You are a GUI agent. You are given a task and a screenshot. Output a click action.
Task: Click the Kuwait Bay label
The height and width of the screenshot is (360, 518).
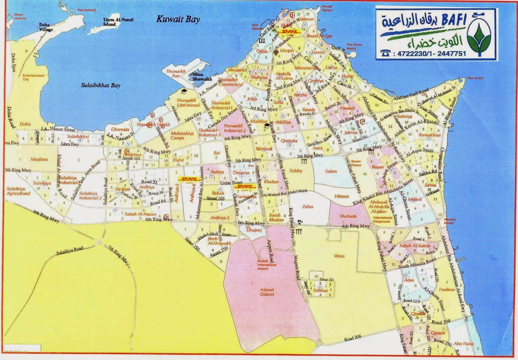click(178, 19)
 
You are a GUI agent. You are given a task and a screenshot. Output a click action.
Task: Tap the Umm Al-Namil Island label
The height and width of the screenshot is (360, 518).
click(118, 22)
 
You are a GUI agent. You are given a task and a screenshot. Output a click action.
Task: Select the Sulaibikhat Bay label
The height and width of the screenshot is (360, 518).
click(100, 86)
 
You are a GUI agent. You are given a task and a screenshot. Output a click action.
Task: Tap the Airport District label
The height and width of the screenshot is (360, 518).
click(267, 292)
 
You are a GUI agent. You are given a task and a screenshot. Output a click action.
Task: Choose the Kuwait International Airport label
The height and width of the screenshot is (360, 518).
click(267, 265)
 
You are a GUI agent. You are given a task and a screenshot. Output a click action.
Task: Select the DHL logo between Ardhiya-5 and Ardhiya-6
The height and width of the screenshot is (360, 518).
click(189, 179)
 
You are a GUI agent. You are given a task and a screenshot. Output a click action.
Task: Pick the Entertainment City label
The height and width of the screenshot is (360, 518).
click(33, 77)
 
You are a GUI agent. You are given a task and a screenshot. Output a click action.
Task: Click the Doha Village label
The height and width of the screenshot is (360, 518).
click(46, 27)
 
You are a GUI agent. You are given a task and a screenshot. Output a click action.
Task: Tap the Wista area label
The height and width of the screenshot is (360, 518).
click(339, 256)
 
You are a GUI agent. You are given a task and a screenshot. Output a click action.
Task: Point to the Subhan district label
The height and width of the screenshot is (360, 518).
click(321, 290)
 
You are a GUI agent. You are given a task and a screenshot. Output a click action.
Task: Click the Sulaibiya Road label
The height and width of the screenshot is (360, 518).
click(70, 250)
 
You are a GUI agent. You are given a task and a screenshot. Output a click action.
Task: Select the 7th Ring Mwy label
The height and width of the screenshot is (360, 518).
click(119, 255)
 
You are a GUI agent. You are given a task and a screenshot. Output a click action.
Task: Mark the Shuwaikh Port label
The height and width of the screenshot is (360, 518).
click(176, 74)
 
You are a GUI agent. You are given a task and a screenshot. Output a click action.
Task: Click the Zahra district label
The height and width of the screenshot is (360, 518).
click(308, 206)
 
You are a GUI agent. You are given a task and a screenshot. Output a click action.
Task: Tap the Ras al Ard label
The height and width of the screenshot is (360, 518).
click(475, 78)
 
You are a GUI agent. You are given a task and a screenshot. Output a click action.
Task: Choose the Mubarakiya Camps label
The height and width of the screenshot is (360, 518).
click(182, 135)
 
